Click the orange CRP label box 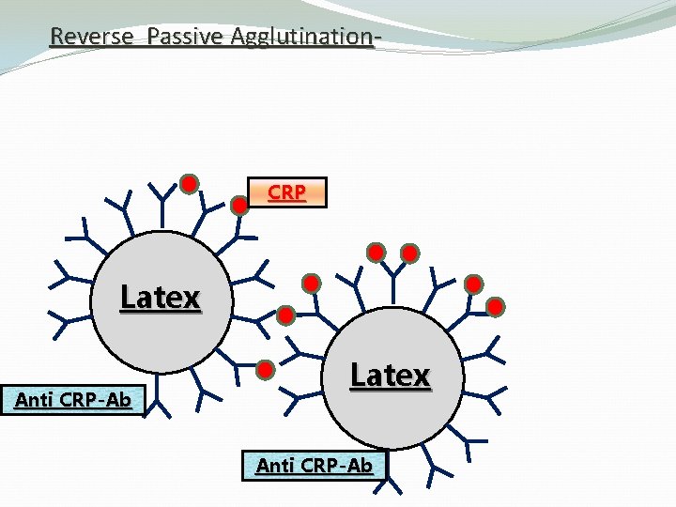(286, 192)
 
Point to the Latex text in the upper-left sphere (161, 298)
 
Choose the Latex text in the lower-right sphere (390, 376)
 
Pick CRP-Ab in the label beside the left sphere (100, 399)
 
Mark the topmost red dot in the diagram (189, 182)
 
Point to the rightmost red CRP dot (496, 306)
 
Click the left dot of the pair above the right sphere (376, 252)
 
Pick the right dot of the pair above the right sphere (409, 252)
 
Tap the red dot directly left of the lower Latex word (266, 369)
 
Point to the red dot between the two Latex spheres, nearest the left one (286, 315)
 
